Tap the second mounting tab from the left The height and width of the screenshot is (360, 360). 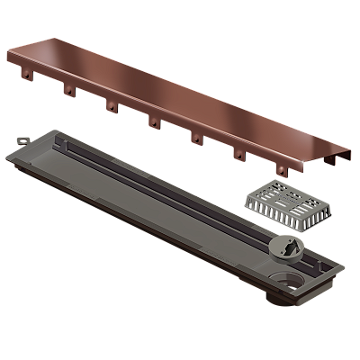point(67,89)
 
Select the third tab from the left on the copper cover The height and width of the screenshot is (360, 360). point(111,106)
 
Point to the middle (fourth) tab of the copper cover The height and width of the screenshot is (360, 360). point(154,121)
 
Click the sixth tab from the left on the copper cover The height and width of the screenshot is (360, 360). point(238,154)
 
